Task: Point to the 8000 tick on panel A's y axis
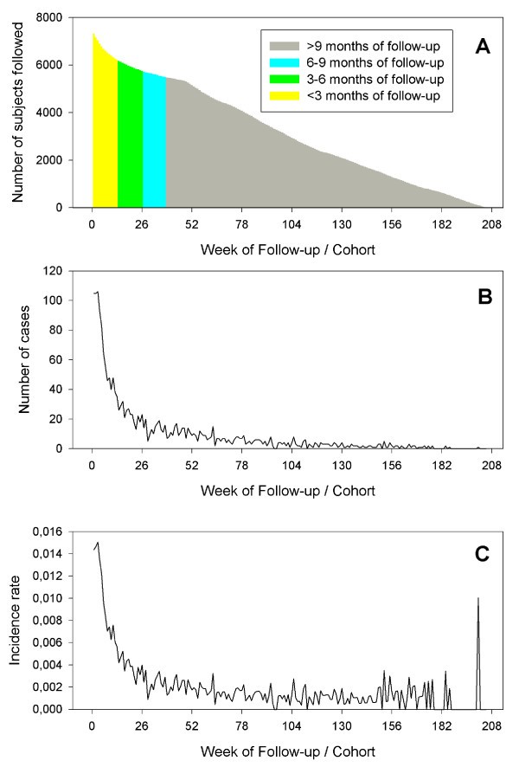(x=53, y=17)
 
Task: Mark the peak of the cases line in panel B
(x=98, y=293)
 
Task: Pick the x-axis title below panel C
(x=288, y=750)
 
